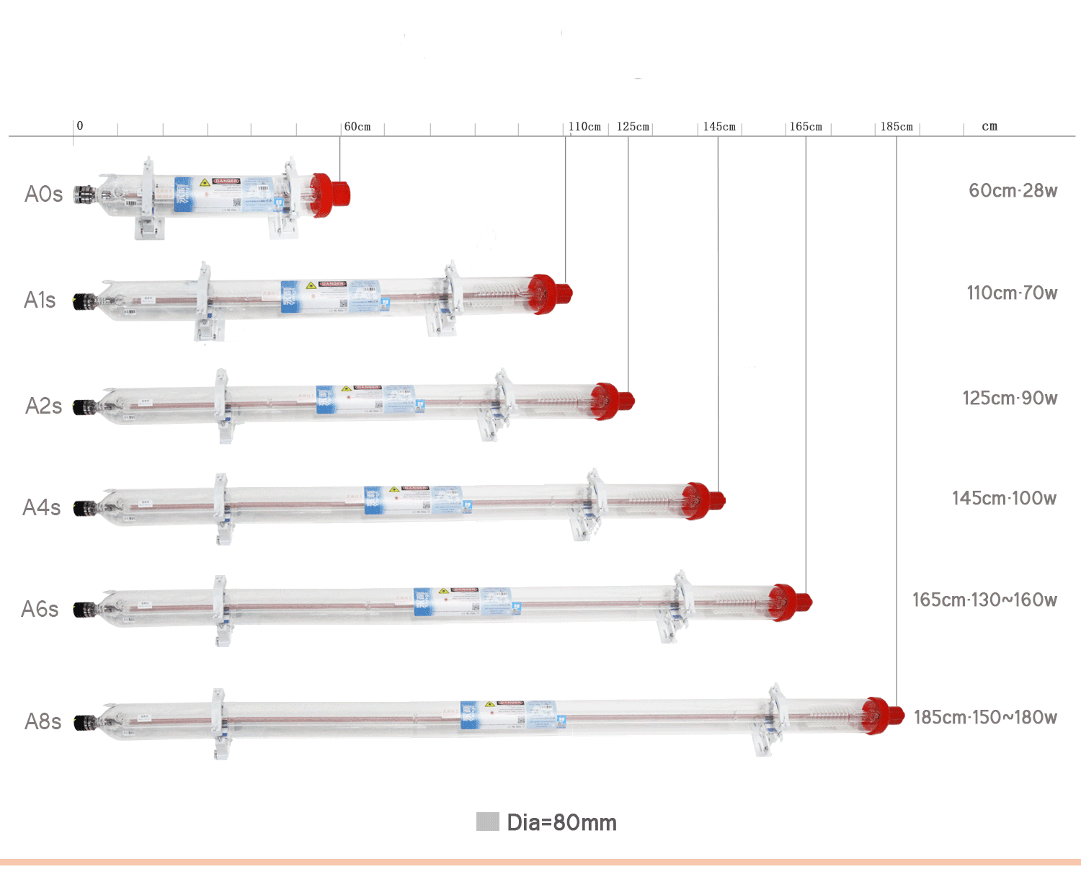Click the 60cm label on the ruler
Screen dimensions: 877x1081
pyautogui.click(x=357, y=127)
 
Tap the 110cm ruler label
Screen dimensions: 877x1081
pyautogui.click(x=584, y=127)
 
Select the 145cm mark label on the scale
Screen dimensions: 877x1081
pyautogui.click(x=719, y=127)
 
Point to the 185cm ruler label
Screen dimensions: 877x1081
pyautogui.click(x=897, y=127)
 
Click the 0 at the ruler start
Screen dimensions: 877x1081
pyautogui.click(x=80, y=125)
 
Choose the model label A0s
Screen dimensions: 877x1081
pyautogui.click(x=43, y=194)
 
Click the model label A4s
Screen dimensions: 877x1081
pyautogui.click(x=42, y=507)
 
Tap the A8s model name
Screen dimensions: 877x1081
pyautogui.click(x=43, y=721)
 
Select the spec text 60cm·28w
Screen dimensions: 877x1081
pyautogui.click(x=1013, y=191)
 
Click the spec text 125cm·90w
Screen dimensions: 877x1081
pyautogui.click(x=1010, y=399)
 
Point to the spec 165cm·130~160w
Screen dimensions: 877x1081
pyautogui.click(x=984, y=600)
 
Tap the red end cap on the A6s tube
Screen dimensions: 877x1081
pyautogui.click(x=790, y=602)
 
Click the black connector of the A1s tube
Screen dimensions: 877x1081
pyautogui.click(x=83, y=301)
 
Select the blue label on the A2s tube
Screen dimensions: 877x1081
pyautogui.click(x=326, y=399)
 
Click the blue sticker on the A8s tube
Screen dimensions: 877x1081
pyautogui.click(x=470, y=714)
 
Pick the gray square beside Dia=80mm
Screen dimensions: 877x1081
pyautogui.click(x=488, y=822)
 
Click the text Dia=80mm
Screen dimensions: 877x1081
pyautogui.click(x=561, y=822)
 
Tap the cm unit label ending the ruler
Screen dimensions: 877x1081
pyautogui.click(x=989, y=127)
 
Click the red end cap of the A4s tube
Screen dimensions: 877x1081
pyautogui.click(x=702, y=500)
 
